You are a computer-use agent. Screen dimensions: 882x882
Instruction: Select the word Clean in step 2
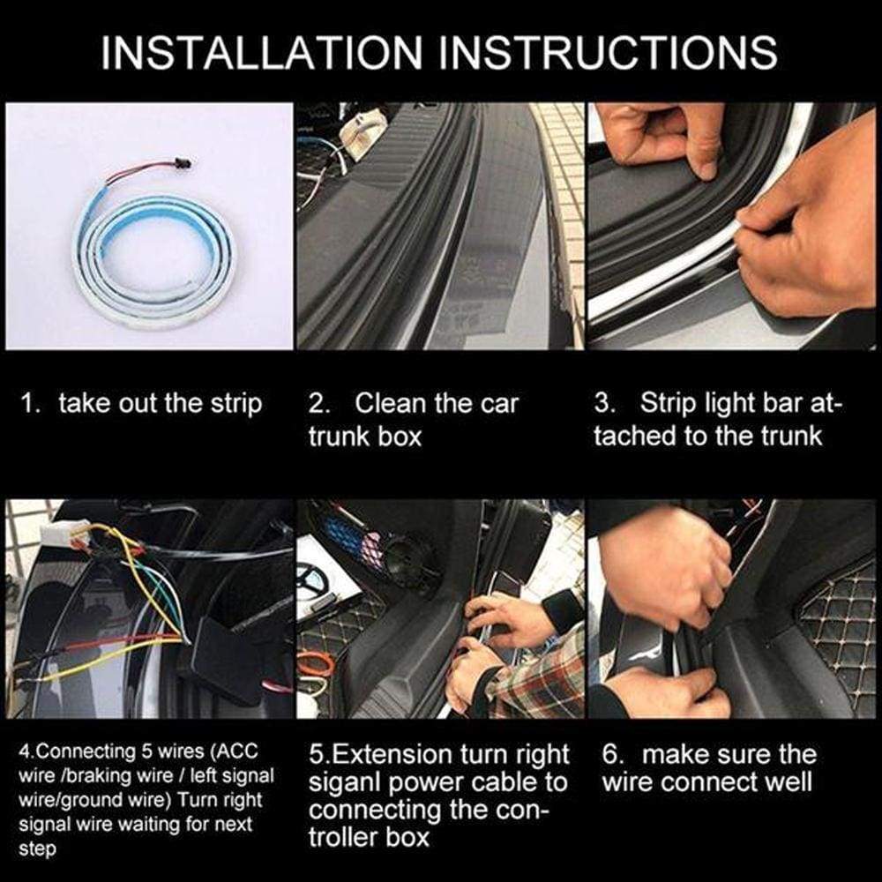(392, 404)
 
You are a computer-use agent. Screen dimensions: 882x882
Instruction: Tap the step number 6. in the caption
(614, 755)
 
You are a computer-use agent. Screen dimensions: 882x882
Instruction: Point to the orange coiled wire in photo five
(315, 663)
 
